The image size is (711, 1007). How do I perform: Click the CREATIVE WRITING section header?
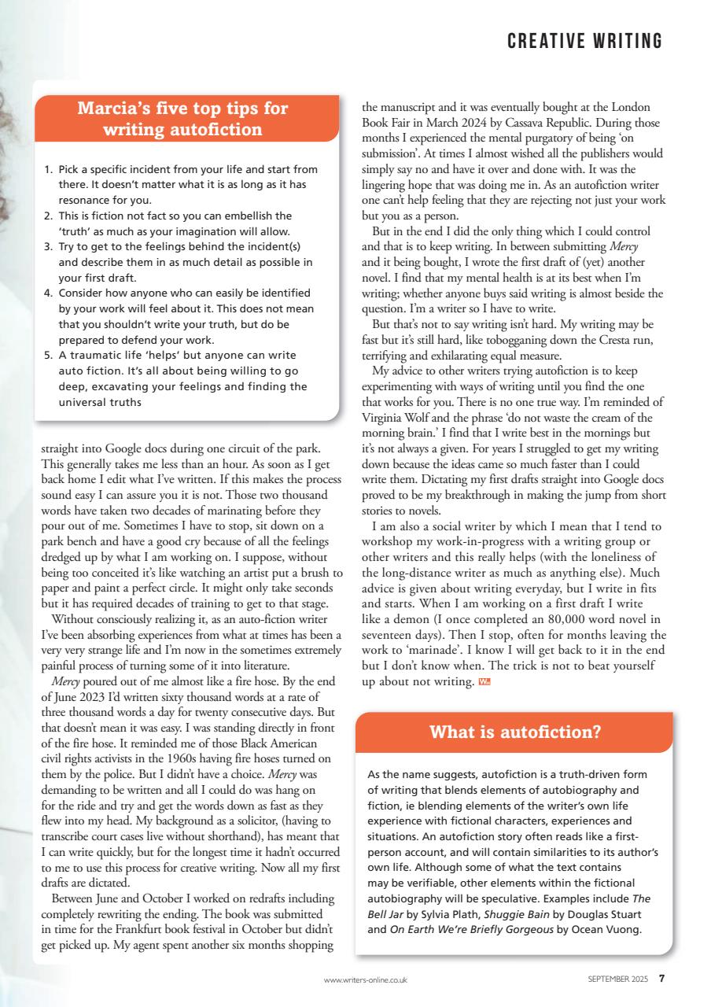click(584, 41)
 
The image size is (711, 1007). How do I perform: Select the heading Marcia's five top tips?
click(182, 119)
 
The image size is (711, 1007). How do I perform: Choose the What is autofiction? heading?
click(514, 732)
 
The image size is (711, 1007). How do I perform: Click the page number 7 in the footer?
click(661, 979)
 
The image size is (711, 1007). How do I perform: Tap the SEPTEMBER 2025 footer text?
click(618, 979)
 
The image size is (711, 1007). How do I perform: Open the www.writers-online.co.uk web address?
click(365, 980)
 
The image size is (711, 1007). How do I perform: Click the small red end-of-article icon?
click(484, 681)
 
